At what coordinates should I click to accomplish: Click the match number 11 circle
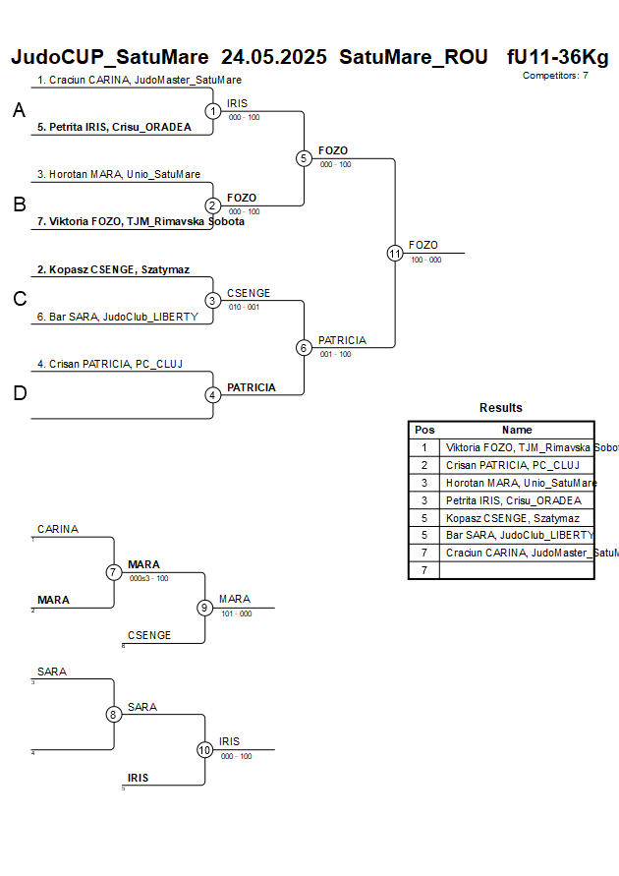tap(395, 253)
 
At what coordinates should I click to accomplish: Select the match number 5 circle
tap(304, 158)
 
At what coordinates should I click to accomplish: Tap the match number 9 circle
tap(204, 608)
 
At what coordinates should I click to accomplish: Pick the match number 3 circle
tap(213, 301)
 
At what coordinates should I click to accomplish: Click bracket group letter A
tap(19, 111)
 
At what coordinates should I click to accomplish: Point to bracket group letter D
tap(19, 394)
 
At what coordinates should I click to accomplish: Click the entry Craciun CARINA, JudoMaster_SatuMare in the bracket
tap(140, 80)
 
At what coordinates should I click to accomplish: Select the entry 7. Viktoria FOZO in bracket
tap(141, 221)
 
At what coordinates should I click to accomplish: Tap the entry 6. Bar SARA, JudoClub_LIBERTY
tap(118, 317)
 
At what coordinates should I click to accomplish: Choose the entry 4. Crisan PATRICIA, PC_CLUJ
tap(110, 364)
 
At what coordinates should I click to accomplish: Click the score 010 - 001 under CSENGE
tap(244, 307)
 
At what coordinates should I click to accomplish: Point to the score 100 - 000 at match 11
tap(425, 260)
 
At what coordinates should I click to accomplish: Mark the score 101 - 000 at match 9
tap(236, 613)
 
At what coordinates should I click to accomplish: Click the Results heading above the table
tap(501, 408)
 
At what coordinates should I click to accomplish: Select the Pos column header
tap(424, 430)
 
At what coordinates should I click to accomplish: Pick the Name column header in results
tap(517, 430)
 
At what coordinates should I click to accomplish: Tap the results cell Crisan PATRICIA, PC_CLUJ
tap(512, 465)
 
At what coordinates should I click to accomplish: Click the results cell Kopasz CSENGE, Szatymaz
tap(512, 518)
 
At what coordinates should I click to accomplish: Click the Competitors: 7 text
tap(555, 75)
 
